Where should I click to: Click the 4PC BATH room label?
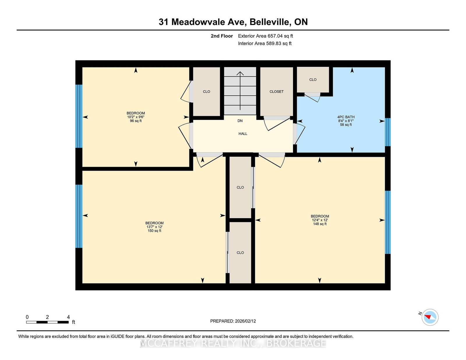click(x=346, y=117)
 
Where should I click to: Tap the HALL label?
click(x=243, y=134)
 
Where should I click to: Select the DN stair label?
click(x=240, y=121)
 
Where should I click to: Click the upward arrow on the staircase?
click(x=240, y=91)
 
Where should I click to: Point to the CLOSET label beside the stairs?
click(x=276, y=91)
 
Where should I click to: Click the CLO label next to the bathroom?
click(x=313, y=80)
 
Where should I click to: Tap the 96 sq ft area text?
click(x=135, y=121)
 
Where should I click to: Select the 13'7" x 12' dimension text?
click(x=154, y=227)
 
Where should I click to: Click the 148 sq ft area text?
click(x=320, y=224)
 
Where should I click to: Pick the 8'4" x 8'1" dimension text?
click(x=346, y=121)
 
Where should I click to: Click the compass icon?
click(x=430, y=317)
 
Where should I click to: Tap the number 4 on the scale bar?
click(x=68, y=317)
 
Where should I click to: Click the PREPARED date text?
click(x=233, y=321)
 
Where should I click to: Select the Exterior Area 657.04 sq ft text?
click(x=265, y=36)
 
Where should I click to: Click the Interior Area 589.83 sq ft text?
click(x=265, y=43)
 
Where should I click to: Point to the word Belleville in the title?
click(x=270, y=22)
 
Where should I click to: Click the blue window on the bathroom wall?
click(x=388, y=132)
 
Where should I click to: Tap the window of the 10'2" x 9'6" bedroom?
click(x=79, y=116)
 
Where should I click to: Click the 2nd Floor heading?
click(x=222, y=36)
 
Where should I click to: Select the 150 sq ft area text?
click(x=154, y=231)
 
